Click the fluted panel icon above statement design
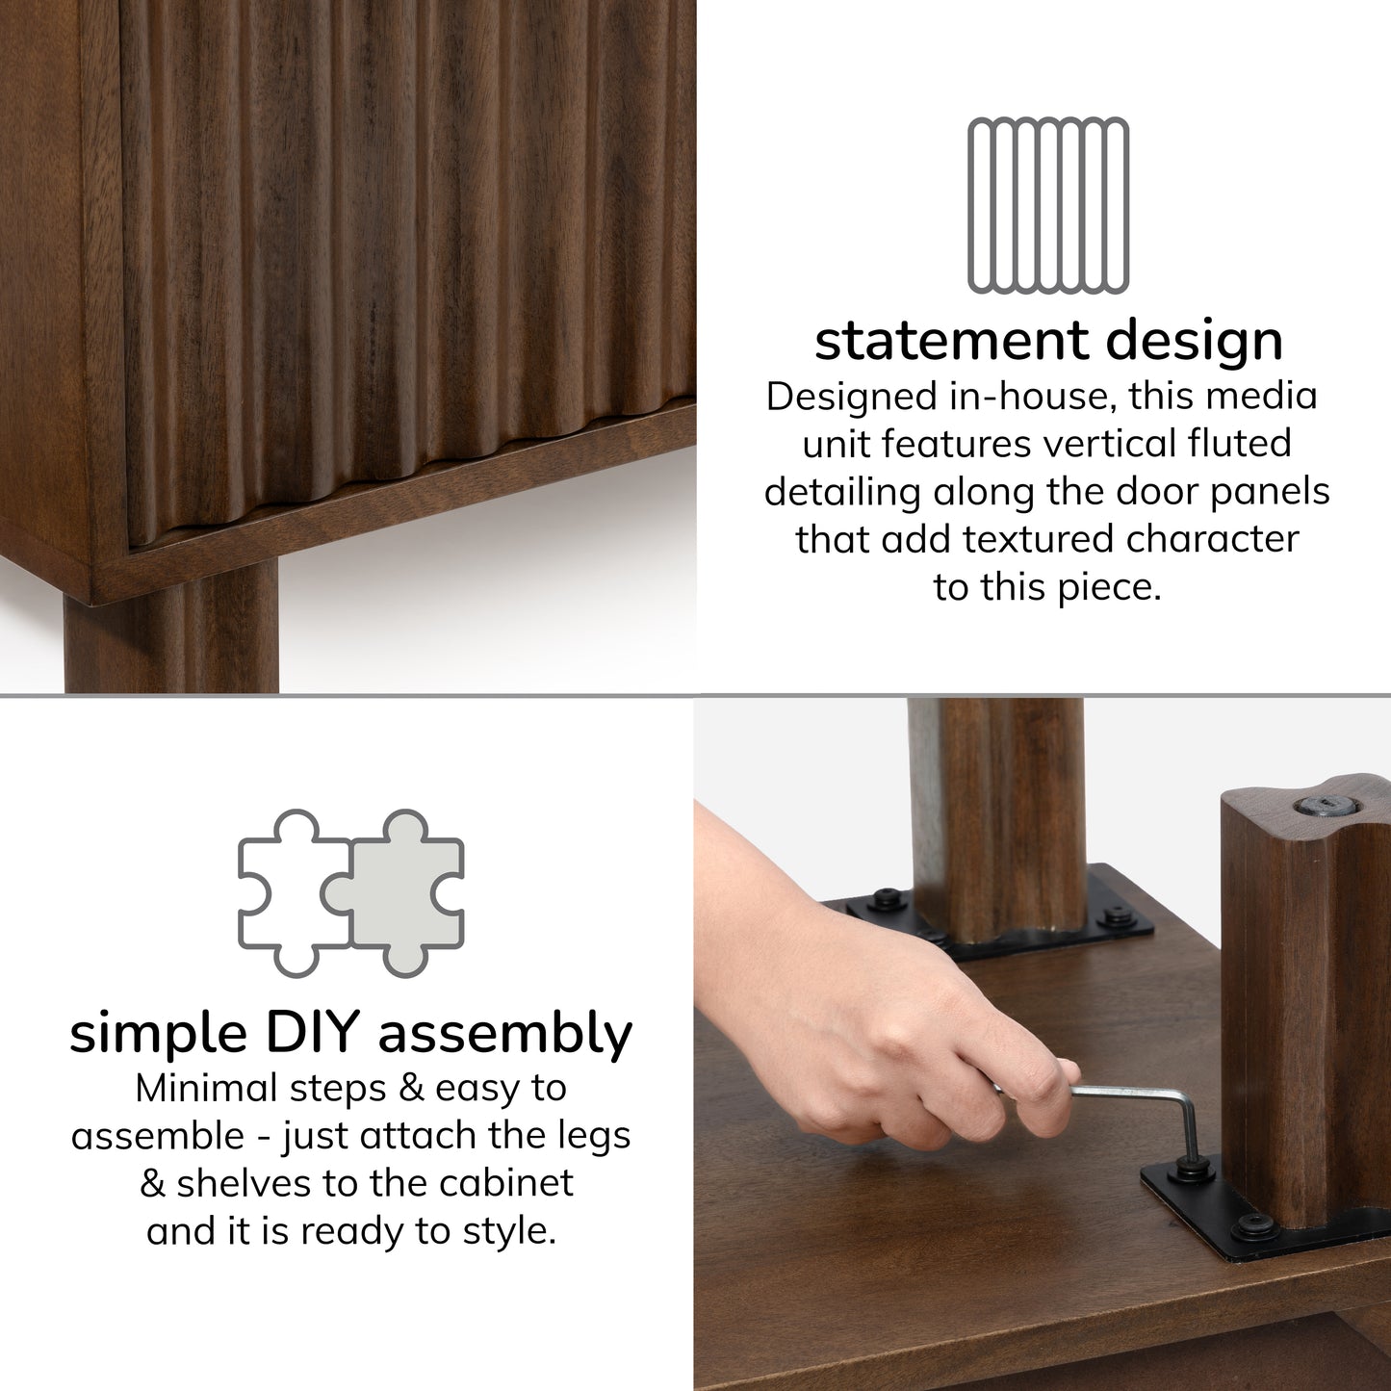1048,205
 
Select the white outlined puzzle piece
295,893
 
